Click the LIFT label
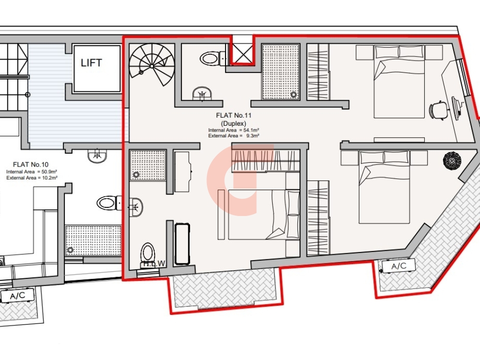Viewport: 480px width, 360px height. tap(91, 63)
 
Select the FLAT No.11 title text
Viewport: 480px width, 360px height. tap(234, 115)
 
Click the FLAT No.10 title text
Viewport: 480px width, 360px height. tap(31, 165)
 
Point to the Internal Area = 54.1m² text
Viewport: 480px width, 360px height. tap(234, 130)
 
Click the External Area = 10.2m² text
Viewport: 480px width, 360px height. tap(32, 178)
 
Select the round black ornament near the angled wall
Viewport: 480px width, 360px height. tap(452, 160)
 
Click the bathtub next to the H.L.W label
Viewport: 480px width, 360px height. tap(182, 244)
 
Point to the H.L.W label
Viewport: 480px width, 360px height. tap(154, 264)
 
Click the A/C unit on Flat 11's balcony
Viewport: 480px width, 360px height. tap(398, 266)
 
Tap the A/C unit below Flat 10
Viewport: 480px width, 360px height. tap(17, 296)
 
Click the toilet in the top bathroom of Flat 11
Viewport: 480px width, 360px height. tap(213, 58)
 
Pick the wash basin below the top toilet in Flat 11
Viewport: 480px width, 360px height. tap(202, 94)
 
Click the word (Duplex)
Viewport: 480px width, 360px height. tap(234, 124)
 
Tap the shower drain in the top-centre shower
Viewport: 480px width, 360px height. tap(294, 95)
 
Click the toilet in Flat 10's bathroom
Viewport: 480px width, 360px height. tap(109, 203)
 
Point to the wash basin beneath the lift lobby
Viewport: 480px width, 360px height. tap(97, 156)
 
